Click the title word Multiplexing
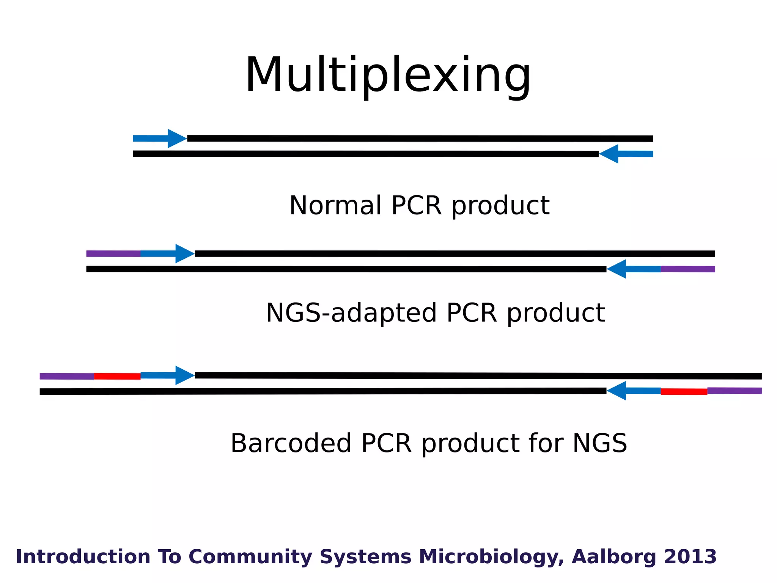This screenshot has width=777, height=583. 388,75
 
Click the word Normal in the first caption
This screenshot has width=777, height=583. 335,205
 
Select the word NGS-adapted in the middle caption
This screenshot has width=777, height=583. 351,313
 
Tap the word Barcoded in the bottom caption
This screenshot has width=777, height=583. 291,443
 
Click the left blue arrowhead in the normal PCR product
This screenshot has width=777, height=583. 177,139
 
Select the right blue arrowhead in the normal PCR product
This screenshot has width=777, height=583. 609,154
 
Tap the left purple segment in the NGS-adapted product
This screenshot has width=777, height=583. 113,254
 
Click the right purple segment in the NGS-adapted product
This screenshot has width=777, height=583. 687,269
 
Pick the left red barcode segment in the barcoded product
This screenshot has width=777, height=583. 117,376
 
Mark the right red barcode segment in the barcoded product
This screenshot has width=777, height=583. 684,391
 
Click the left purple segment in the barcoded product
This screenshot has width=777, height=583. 67,376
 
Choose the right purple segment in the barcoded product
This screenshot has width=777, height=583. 734,391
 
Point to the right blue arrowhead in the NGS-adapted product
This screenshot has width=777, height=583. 617,269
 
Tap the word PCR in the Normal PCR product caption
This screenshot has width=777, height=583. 416,205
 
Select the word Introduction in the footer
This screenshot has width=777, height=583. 83,557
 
